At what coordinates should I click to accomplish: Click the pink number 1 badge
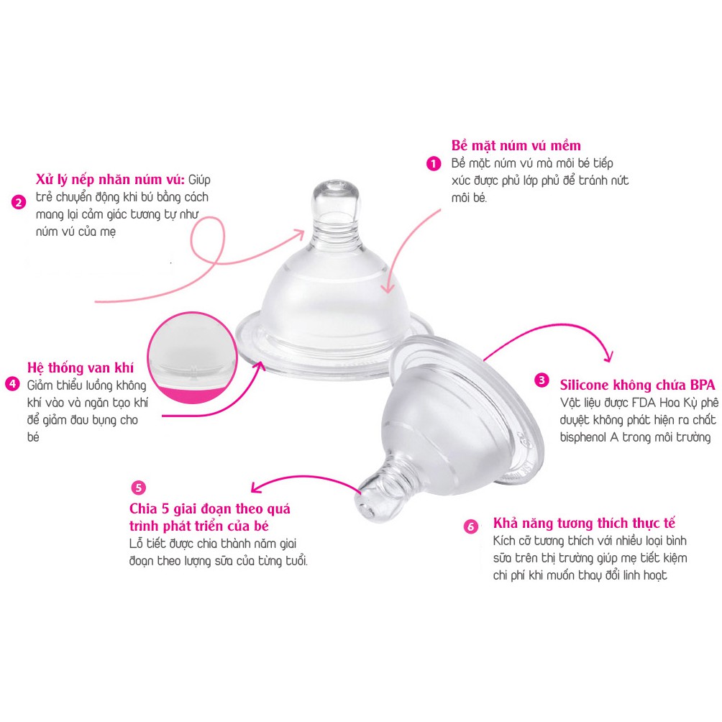click(434, 163)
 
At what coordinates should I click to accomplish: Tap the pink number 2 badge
click(19, 202)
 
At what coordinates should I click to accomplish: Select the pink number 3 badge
click(541, 380)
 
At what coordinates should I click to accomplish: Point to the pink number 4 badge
click(12, 383)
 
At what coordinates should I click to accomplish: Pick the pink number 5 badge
click(138, 488)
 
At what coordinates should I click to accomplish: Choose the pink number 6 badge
click(470, 526)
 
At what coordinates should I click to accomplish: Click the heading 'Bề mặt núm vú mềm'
click(516, 145)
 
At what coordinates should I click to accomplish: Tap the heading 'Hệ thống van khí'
click(80, 367)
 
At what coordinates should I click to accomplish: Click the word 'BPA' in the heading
click(703, 385)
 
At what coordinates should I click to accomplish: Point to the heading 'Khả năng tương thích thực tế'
click(584, 523)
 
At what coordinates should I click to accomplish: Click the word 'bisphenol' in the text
click(583, 437)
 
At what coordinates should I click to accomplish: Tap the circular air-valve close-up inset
click(192, 358)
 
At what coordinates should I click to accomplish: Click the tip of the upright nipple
click(335, 184)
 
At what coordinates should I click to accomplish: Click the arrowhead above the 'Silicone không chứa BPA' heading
click(608, 356)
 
